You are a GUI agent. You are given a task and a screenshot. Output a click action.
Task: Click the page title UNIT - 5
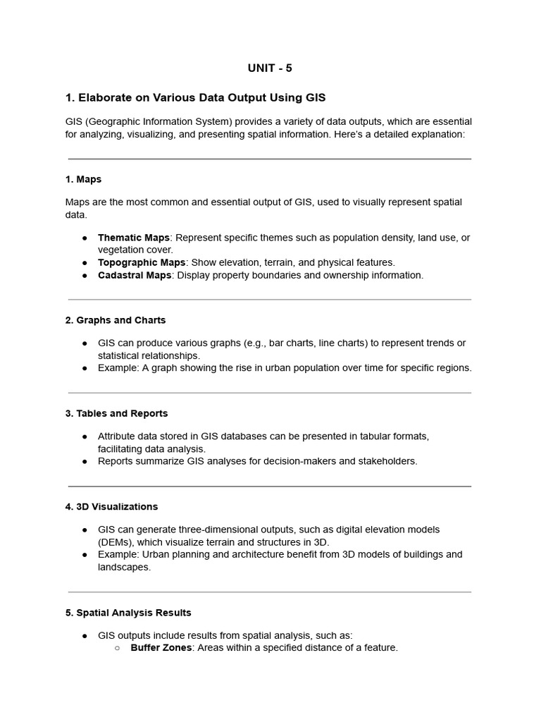(x=270, y=68)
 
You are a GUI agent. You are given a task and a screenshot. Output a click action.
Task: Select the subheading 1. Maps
(x=83, y=179)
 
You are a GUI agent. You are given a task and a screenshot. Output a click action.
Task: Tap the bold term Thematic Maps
(x=133, y=238)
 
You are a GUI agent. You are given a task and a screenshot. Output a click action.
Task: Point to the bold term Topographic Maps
(x=141, y=262)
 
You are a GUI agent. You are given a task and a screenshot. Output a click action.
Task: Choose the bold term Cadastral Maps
(x=134, y=275)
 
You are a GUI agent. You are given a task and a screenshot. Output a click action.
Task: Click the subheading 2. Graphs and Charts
(x=116, y=320)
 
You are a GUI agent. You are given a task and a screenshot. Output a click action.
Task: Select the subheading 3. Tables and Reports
(x=116, y=413)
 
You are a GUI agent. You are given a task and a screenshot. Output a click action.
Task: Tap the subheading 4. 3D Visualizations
(x=111, y=506)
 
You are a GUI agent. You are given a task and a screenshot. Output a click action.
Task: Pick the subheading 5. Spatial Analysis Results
(x=128, y=613)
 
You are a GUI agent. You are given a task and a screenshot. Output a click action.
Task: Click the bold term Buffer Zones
(x=161, y=647)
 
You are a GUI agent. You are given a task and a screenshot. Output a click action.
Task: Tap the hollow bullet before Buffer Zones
(x=117, y=648)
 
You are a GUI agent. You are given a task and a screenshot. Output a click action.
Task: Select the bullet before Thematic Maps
(x=85, y=238)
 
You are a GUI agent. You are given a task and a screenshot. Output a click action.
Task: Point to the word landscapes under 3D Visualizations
(x=123, y=567)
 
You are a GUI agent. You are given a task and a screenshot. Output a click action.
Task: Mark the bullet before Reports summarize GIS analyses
(x=85, y=462)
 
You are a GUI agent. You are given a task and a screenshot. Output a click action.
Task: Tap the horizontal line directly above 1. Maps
(x=270, y=159)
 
